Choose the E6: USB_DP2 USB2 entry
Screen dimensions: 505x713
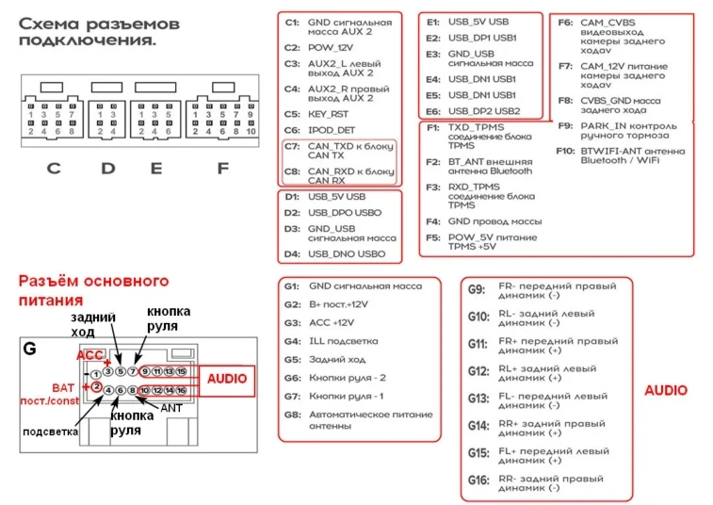coord(471,110)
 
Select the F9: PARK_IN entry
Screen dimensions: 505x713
coord(616,126)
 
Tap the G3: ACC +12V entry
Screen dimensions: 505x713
coord(331,322)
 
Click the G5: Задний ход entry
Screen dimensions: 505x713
coord(331,359)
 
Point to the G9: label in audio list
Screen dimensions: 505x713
coord(478,288)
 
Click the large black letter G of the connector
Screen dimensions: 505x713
coord(30,350)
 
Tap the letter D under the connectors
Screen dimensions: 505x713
coord(108,170)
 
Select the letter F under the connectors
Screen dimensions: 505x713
coord(222,170)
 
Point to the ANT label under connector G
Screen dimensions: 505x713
coord(171,407)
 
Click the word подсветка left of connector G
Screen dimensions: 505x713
coord(50,432)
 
